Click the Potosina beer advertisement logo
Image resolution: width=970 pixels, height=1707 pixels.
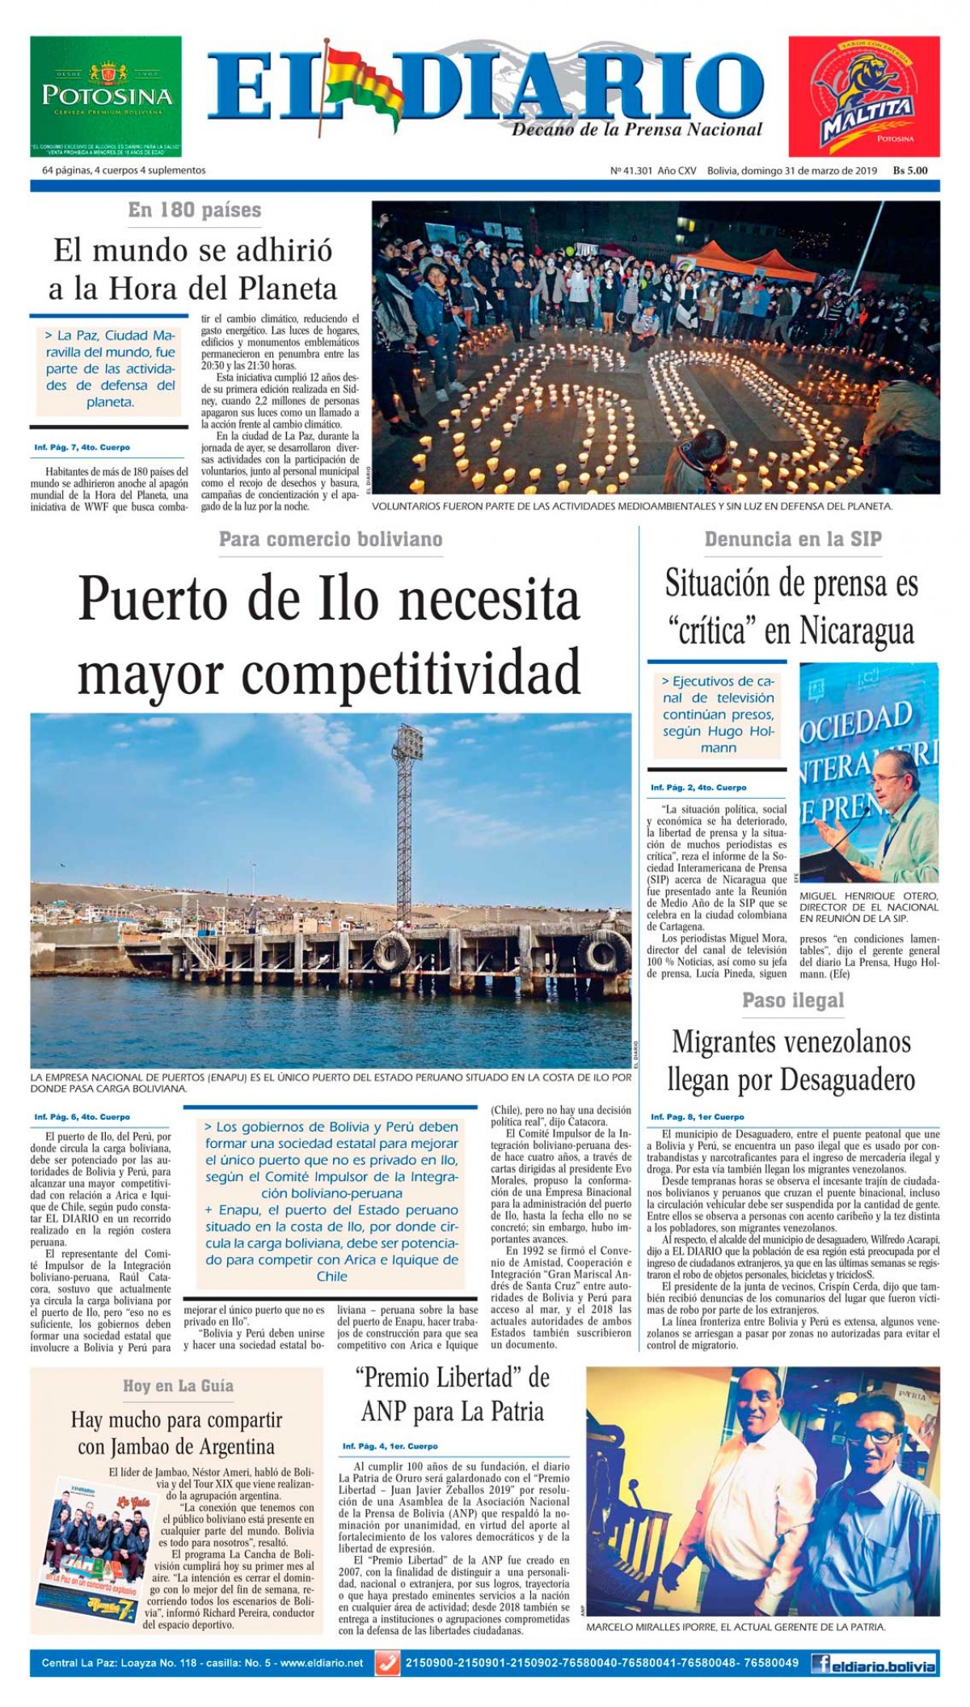coord(106,96)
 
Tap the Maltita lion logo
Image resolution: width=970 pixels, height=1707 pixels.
coord(862,97)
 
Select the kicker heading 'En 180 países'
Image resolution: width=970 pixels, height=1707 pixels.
coord(195,210)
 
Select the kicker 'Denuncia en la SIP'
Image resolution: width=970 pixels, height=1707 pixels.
coord(792,540)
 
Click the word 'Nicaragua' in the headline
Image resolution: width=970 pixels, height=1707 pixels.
coord(856,631)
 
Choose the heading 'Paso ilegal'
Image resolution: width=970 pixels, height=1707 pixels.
coord(792,1001)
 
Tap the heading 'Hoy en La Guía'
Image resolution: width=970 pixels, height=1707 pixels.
coord(178,1386)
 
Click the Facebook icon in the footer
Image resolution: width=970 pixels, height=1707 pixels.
coord(824,1664)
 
